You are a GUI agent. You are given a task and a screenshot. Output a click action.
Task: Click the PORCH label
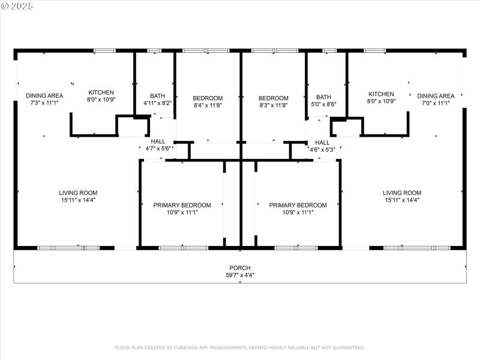240,268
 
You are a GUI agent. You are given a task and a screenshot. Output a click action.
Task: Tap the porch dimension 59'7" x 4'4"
240,275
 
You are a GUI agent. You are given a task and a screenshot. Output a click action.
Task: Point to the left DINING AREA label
44,95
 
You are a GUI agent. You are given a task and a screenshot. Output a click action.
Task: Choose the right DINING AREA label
436,95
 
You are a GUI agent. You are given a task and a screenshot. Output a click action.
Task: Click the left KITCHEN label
101,92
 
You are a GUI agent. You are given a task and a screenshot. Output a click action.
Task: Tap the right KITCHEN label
381,94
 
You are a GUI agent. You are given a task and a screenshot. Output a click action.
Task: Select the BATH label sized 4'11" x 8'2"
158,95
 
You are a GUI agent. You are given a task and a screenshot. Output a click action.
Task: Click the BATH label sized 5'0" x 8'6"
323,97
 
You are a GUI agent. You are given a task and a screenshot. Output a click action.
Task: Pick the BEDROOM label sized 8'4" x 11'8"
208,98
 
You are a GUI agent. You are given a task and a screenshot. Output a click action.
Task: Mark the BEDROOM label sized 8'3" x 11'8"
274,98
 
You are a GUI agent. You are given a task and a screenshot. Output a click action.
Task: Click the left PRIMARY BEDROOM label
182,205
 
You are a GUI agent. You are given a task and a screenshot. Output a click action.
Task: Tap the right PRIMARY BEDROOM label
298,205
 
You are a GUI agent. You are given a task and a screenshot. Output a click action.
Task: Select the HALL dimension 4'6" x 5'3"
322,149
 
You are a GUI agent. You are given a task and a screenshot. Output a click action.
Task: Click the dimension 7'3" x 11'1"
44,103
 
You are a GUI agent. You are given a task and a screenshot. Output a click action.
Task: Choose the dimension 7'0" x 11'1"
436,103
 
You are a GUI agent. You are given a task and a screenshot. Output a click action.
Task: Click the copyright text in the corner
17,5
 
